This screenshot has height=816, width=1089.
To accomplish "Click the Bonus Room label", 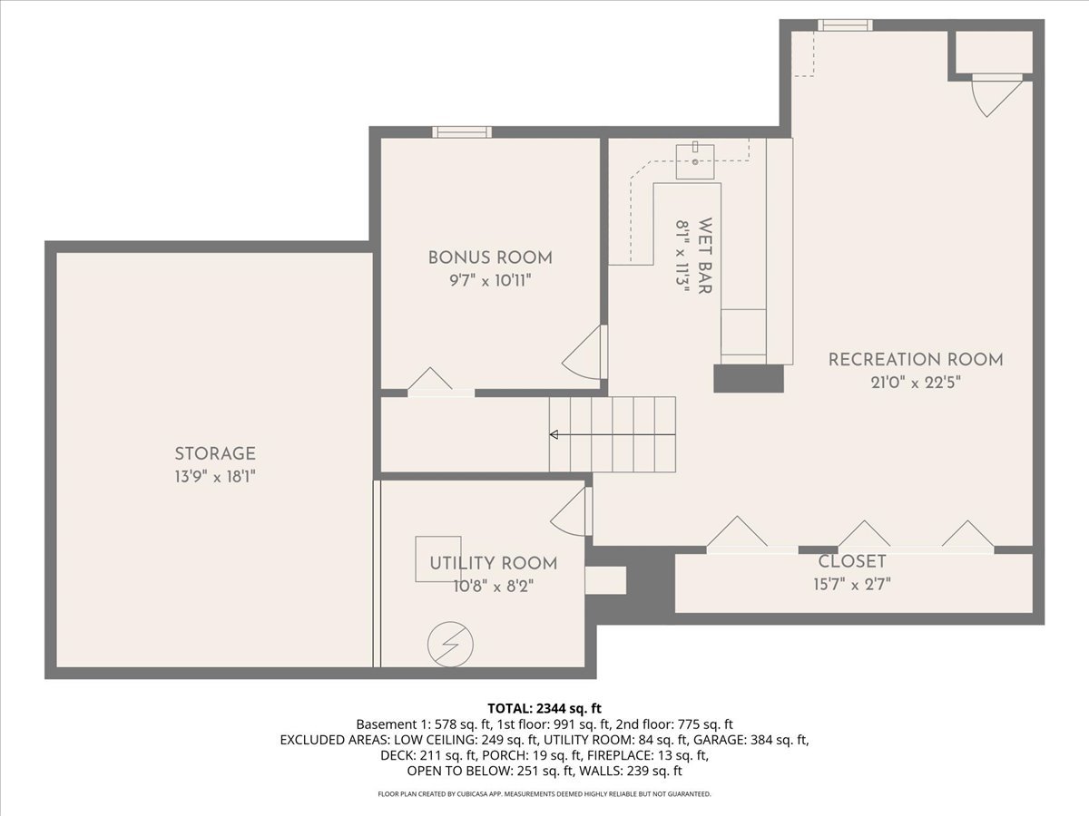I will coord(490,257).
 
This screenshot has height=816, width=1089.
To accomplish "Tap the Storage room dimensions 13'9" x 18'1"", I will coord(215,476).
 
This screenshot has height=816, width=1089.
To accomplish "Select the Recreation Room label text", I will coord(916,359).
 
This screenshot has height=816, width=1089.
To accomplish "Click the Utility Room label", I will coord(493,563).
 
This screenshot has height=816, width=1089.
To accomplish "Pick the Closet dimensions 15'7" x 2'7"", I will coord(852,584).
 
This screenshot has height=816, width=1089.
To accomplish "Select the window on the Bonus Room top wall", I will coord(462,132).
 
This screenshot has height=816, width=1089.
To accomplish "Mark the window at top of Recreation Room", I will coord(845,25).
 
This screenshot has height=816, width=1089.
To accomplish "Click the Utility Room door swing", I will coord(573,512).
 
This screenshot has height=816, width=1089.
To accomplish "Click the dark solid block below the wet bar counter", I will coord(748,378).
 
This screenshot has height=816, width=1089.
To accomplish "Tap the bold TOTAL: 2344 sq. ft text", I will coord(544,708).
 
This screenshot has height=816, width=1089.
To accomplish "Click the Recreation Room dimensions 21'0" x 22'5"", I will coord(916,382).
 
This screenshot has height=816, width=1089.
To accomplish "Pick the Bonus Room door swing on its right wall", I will coord(584,354).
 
